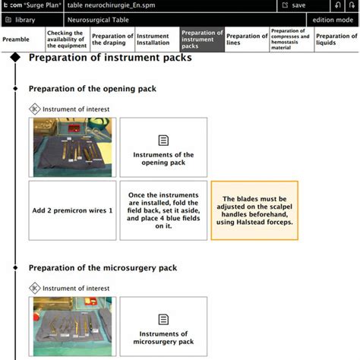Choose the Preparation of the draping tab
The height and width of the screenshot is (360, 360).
(x=112, y=39)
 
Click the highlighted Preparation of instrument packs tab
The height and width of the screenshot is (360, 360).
(x=201, y=39)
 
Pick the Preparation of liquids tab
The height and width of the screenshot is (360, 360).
(x=336, y=39)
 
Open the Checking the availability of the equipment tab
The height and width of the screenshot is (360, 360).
(x=67, y=39)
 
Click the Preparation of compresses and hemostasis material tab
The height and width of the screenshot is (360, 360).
(x=292, y=39)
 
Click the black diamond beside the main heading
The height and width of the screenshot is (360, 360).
(x=15, y=58)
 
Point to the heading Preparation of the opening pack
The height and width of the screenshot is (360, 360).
(x=92, y=88)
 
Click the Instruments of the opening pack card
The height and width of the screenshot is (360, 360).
(x=163, y=147)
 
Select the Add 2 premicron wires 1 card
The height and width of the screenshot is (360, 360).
(x=72, y=210)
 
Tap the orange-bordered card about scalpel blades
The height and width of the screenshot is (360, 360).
(x=254, y=210)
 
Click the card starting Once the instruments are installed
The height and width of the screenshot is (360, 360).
(x=163, y=210)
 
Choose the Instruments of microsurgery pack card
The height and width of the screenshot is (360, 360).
(x=163, y=327)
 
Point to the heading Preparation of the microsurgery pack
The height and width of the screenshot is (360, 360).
(x=103, y=267)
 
